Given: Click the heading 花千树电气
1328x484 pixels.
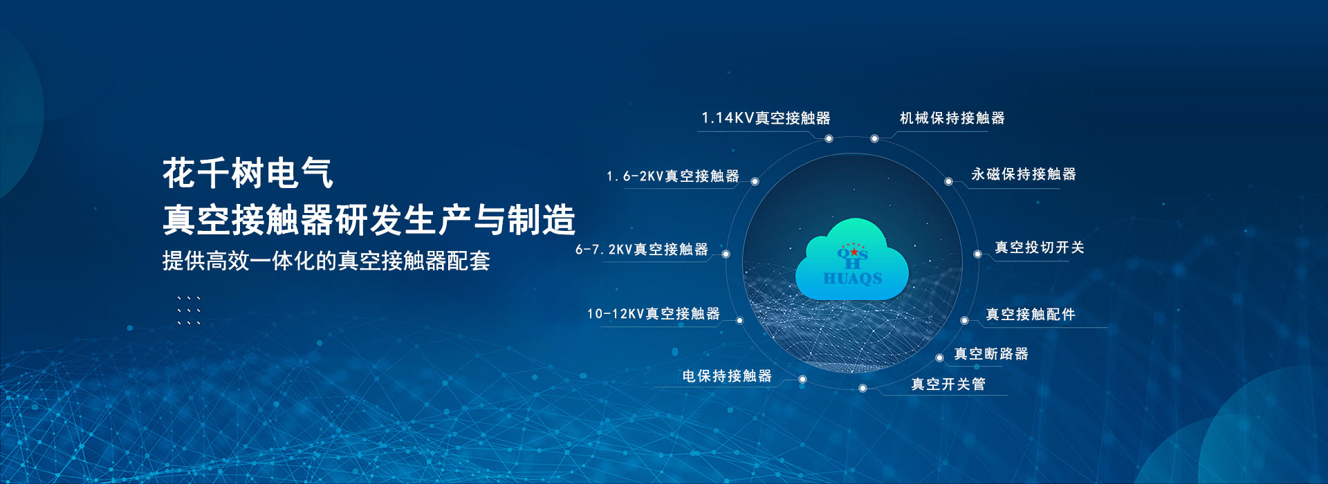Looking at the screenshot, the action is (248, 173).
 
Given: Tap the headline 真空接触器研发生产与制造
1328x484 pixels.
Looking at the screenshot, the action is (369, 220).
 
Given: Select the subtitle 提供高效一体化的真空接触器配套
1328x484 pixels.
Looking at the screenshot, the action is (326, 261).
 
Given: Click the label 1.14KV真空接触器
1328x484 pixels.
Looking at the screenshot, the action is (766, 118).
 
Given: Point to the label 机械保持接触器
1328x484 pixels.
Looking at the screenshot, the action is (952, 118).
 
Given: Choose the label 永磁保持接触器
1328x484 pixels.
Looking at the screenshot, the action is (1024, 174).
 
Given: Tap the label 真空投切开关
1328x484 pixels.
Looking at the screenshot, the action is (1040, 248).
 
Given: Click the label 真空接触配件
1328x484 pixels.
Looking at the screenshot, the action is (1031, 315).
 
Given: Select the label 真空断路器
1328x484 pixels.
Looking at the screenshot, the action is (991, 354).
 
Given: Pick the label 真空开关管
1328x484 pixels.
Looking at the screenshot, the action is (948, 384).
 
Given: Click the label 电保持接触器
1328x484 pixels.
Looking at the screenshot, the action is (727, 376).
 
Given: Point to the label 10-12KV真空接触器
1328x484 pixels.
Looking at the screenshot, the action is (654, 314).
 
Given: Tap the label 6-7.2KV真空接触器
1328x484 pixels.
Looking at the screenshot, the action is (642, 250).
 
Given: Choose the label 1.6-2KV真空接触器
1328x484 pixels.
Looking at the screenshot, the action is (673, 176).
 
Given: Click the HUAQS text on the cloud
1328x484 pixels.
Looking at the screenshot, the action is (852, 278).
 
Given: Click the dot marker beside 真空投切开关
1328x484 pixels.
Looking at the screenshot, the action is (977, 254).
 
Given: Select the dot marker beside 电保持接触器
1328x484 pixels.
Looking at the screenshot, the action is (802, 380).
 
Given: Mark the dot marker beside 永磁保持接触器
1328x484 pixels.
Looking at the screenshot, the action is (949, 182).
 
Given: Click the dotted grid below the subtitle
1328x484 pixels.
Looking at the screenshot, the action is (189, 310).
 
